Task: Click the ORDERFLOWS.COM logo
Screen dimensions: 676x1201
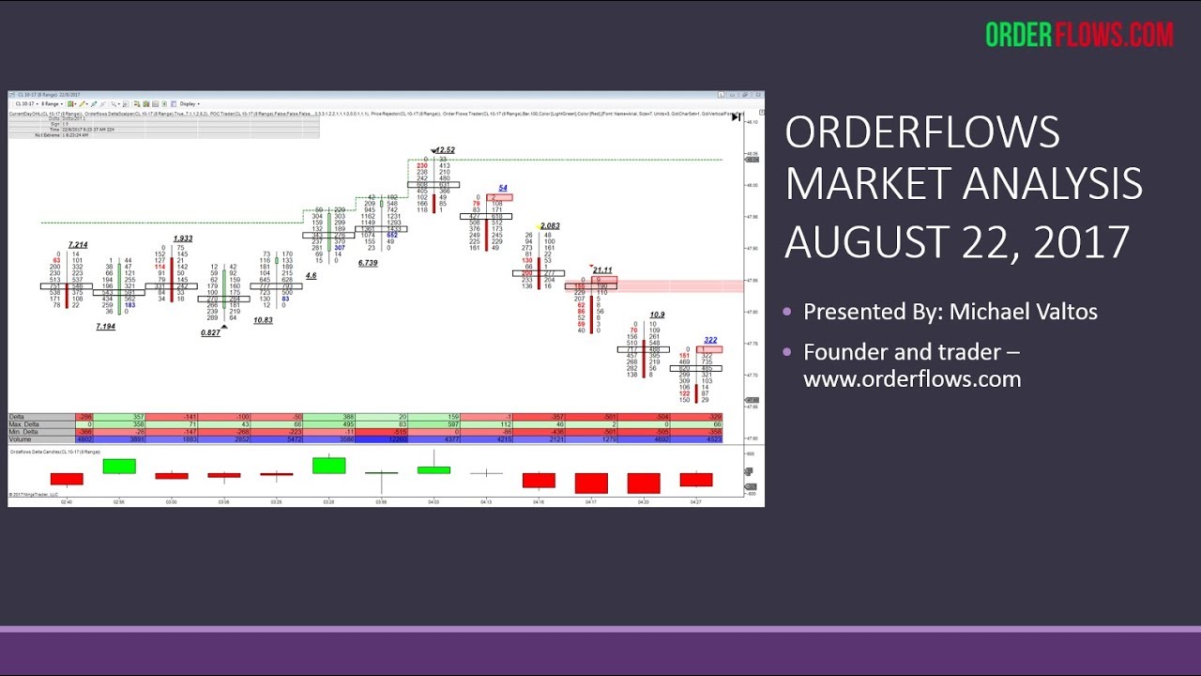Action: point(1079,35)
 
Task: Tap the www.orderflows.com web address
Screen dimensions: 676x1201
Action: point(912,379)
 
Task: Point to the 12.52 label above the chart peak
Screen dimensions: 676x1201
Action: point(445,150)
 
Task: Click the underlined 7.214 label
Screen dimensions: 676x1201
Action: point(78,245)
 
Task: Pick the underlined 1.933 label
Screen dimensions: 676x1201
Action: point(183,239)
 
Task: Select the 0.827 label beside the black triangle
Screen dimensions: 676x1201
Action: point(211,333)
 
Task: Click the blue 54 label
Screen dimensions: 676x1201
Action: point(503,188)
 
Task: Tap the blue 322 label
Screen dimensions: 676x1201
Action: point(710,340)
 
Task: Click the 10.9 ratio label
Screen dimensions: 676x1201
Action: point(657,315)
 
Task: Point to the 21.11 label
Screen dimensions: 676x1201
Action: point(602,270)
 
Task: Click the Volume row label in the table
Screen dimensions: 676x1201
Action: point(21,439)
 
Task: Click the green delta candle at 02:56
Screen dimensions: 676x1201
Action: point(119,466)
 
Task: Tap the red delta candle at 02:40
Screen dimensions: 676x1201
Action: point(67,479)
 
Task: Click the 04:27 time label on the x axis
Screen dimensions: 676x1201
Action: point(696,502)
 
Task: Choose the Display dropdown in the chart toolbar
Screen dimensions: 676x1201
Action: point(188,103)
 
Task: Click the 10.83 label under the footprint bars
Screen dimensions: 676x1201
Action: point(263,320)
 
